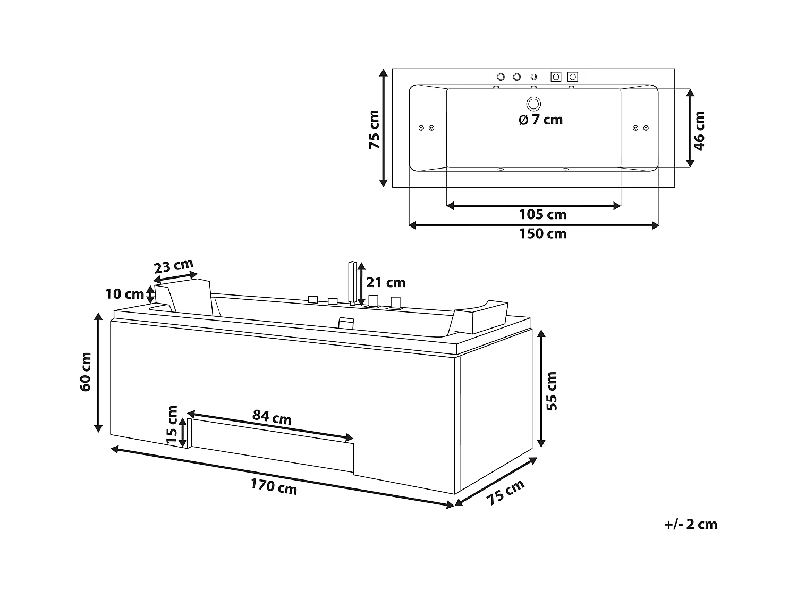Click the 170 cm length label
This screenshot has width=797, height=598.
pyautogui.click(x=274, y=486)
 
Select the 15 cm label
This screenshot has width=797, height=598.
pyautogui.click(x=172, y=424)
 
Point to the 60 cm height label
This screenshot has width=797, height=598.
pyautogui.click(x=86, y=372)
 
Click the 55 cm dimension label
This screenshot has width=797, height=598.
pyautogui.click(x=552, y=391)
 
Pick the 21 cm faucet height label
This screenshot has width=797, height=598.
pyautogui.click(x=386, y=282)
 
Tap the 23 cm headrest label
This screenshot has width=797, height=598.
pyautogui.click(x=174, y=266)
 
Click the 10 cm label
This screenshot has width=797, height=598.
pyautogui.click(x=124, y=294)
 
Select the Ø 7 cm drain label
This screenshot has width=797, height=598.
pyautogui.click(x=541, y=120)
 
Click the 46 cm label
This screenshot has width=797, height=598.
pyautogui.click(x=699, y=131)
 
